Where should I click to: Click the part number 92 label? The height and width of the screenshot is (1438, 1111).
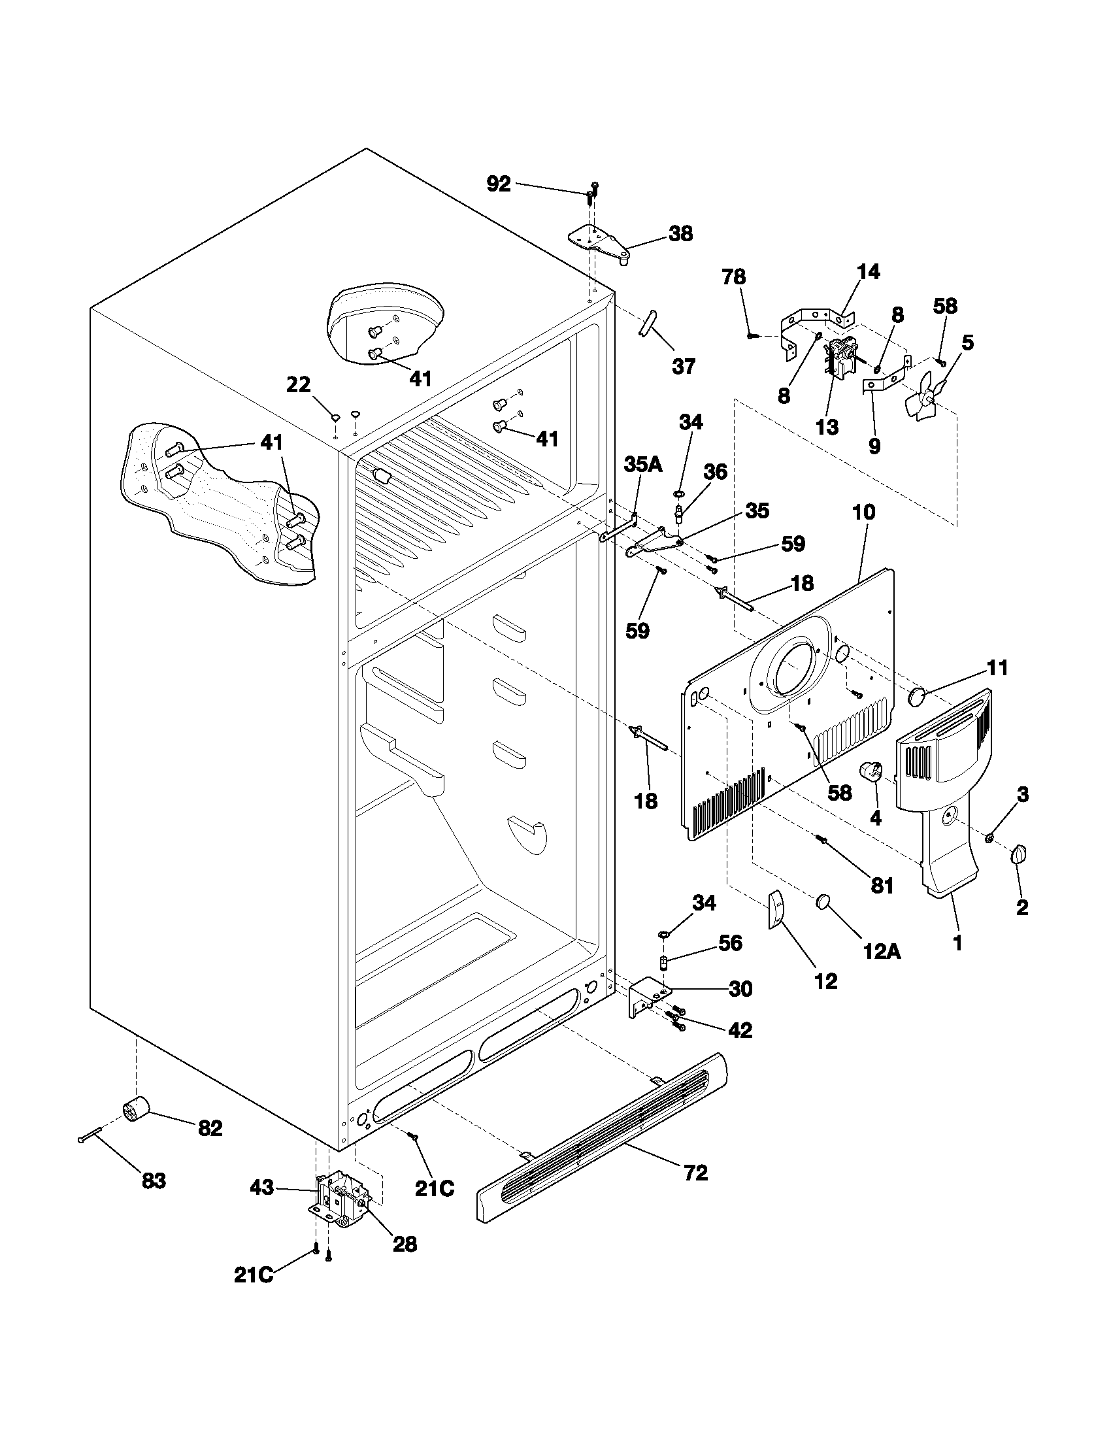click(x=498, y=184)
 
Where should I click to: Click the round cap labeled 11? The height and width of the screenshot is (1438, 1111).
click(x=918, y=697)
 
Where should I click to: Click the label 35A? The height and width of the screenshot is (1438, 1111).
click(x=643, y=465)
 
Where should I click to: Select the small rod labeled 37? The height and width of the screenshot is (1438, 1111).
click(x=647, y=324)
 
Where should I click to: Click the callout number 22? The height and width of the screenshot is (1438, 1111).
click(x=298, y=384)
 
